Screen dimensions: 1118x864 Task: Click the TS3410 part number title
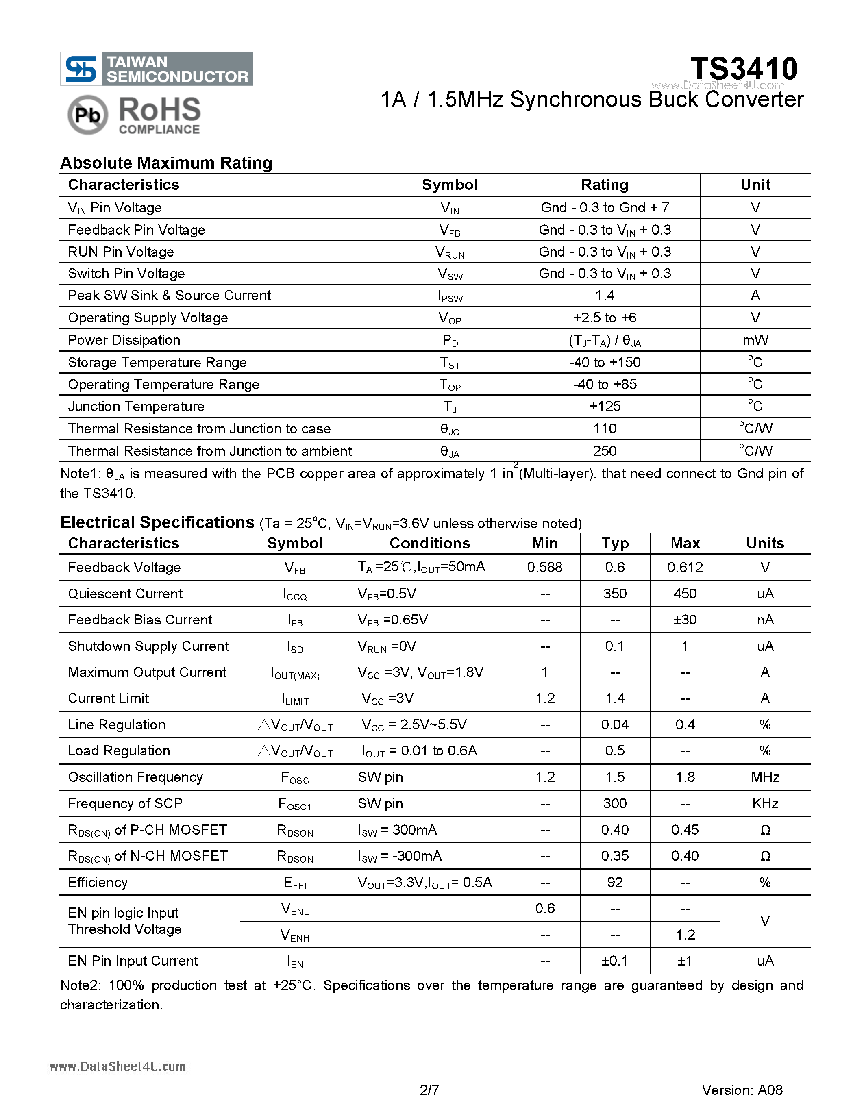coord(743,69)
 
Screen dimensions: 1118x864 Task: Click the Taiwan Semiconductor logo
coord(157,69)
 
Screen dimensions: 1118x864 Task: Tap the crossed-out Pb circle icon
coord(87,115)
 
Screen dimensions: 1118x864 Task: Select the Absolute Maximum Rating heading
coord(166,163)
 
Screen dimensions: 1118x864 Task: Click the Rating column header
coord(605,185)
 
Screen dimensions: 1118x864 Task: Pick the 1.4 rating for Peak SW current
coord(605,296)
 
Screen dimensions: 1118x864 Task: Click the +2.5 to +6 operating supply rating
coord(605,318)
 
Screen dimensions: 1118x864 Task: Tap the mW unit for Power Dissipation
coord(755,340)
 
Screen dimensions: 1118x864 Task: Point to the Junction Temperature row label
coord(136,407)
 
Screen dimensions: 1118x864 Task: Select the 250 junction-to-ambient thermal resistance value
coord(605,451)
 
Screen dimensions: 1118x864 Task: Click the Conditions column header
coord(429,543)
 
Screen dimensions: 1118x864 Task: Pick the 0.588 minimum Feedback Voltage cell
coord(544,567)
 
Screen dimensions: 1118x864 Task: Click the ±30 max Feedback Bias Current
coord(685,620)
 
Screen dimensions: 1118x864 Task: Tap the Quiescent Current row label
coord(125,594)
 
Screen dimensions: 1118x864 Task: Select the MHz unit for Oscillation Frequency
coord(765,777)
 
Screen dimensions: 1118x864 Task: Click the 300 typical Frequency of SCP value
coord(615,803)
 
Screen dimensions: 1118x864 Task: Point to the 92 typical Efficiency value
coord(615,882)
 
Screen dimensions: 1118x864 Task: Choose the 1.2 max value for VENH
coord(685,935)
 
